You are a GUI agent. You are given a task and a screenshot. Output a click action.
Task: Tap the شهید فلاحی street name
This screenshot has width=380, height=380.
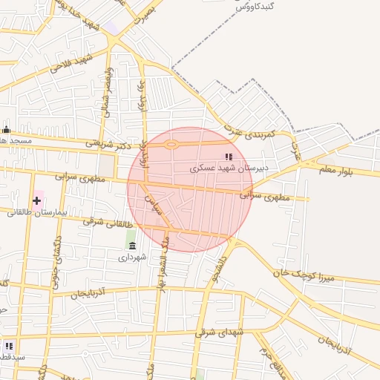(x=71, y=62)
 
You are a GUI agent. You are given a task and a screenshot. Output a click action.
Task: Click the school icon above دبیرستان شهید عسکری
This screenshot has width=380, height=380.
(x=229, y=157)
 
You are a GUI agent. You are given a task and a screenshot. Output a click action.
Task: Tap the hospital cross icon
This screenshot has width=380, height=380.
(x=37, y=200)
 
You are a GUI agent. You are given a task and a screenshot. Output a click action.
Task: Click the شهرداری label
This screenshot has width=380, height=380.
(x=132, y=257)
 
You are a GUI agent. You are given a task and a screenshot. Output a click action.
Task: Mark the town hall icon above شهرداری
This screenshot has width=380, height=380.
(x=132, y=246)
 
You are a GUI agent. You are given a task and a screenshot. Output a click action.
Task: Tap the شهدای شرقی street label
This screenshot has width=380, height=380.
(x=219, y=333)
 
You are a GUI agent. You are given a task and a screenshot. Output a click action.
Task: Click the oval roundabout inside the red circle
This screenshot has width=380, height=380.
(x=171, y=145)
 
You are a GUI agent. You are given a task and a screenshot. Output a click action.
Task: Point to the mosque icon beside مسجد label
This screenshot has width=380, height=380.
(x=7, y=130)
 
